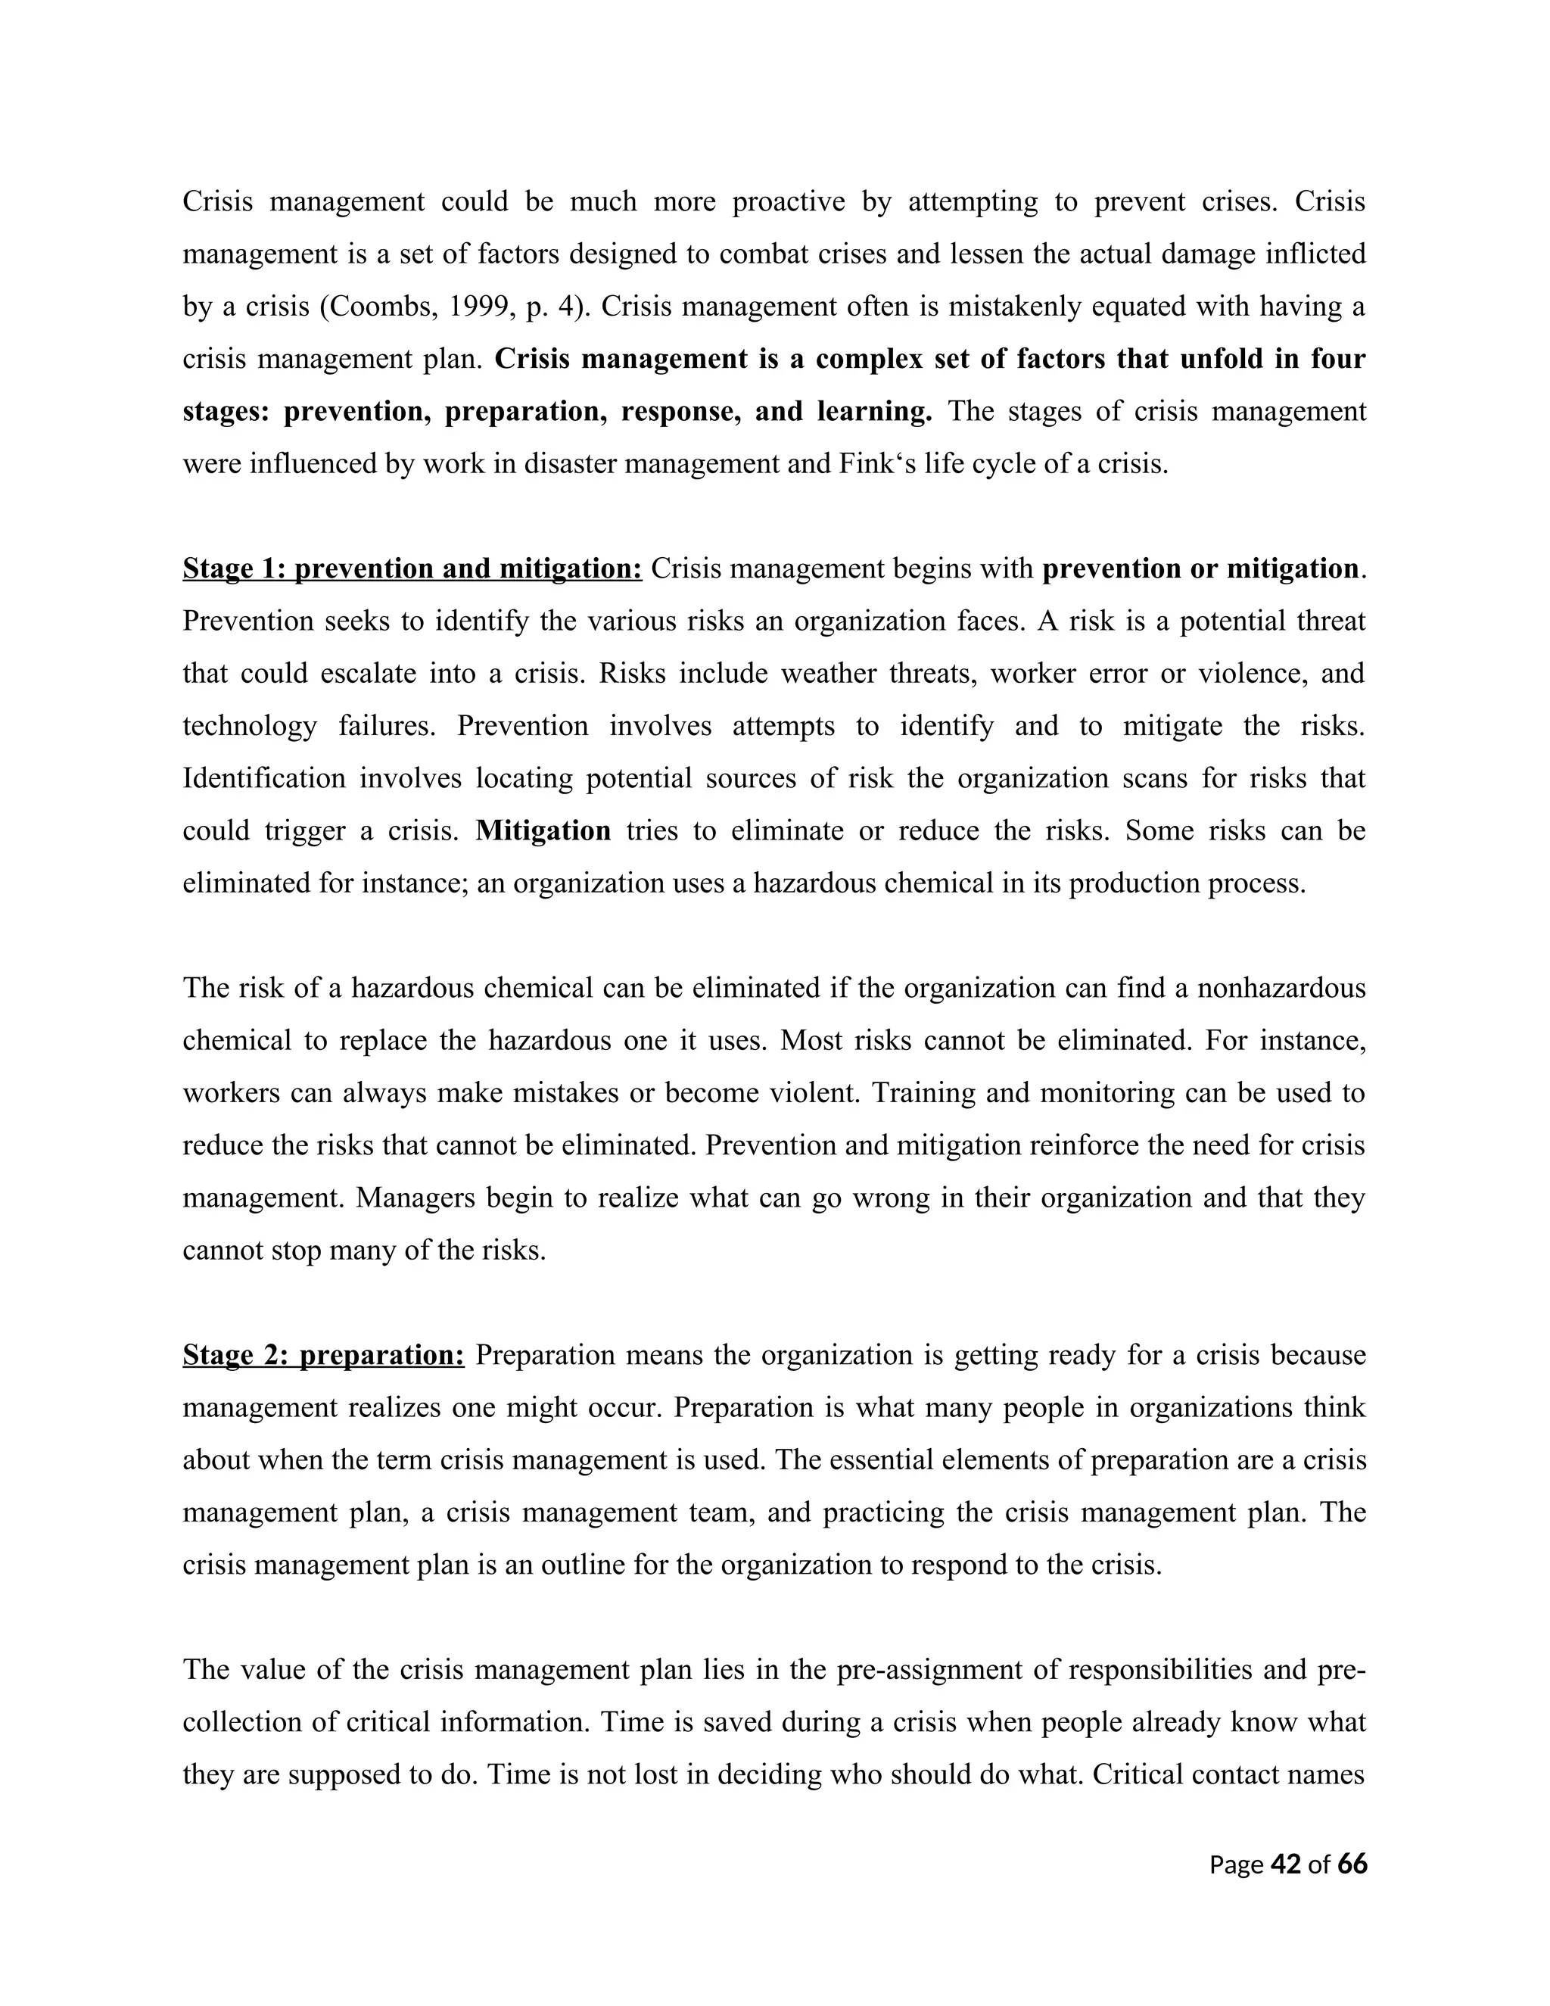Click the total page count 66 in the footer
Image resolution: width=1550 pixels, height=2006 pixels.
pos(1352,1864)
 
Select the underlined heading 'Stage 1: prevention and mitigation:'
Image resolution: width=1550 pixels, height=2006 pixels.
pos(412,568)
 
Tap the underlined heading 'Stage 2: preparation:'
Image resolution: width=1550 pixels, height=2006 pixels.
pos(323,1355)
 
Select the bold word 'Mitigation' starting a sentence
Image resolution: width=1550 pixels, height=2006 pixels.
pos(543,830)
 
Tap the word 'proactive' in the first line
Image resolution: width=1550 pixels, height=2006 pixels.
pos(788,201)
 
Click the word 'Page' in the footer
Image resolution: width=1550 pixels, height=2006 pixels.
pos(1236,1864)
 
